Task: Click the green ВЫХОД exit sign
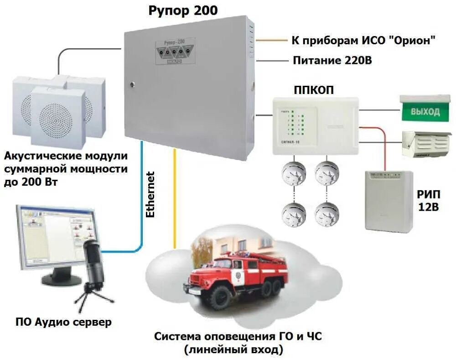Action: click(x=425, y=111)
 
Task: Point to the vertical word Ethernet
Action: click(x=150, y=194)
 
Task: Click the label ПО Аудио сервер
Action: click(x=63, y=323)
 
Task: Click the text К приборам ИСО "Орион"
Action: click(x=363, y=40)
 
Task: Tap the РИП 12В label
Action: click(x=428, y=200)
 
